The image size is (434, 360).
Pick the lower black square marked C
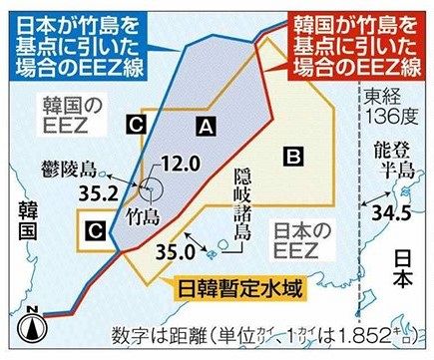[x=95, y=230]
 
